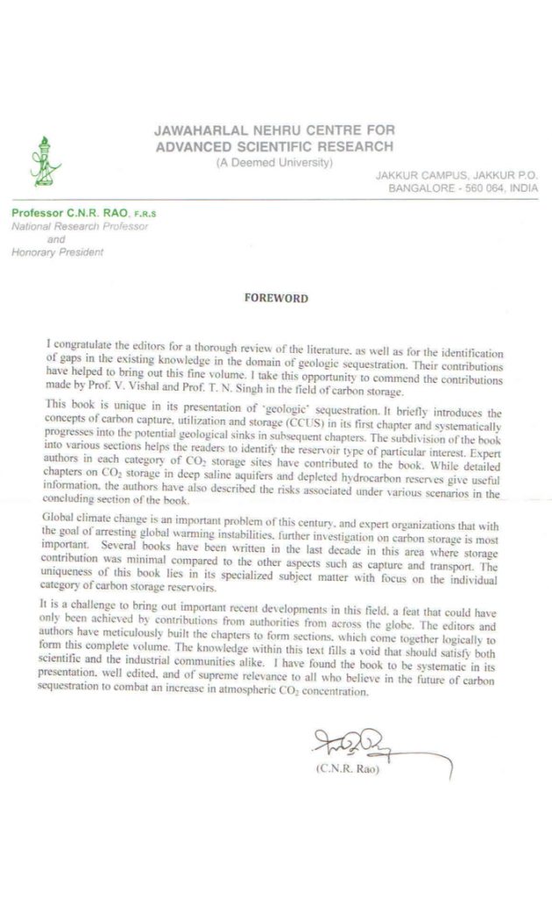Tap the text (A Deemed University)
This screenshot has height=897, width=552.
[x=274, y=163]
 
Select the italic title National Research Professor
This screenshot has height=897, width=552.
[x=80, y=226]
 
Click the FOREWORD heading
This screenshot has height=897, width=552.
[x=275, y=298]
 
